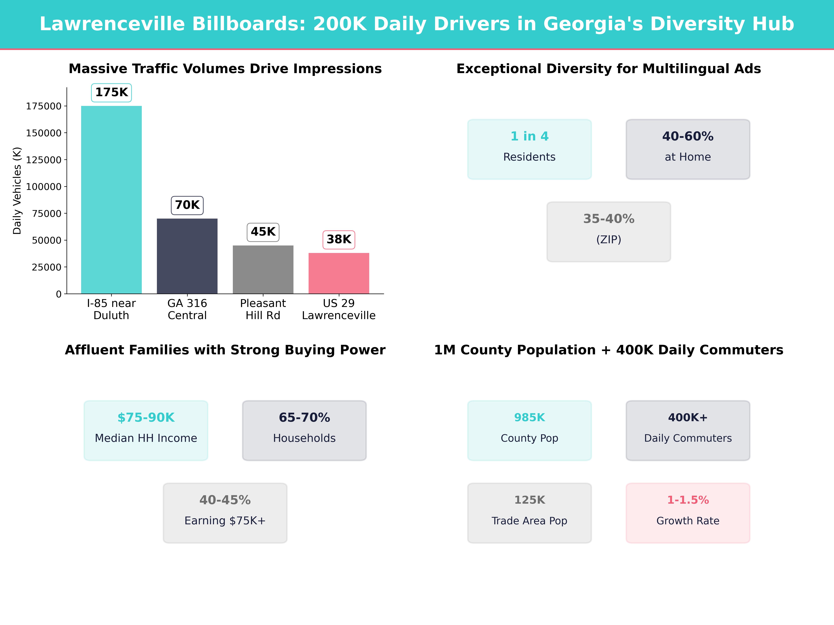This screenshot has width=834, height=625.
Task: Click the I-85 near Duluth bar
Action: click(x=111, y=200)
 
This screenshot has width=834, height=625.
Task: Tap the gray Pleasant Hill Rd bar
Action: click(x=263, y=269)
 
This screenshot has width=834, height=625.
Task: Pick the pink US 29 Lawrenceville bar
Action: click(x=339, y=273)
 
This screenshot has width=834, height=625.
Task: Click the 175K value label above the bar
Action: click(x=111, y=92)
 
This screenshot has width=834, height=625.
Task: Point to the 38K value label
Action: click(x=339, y=240)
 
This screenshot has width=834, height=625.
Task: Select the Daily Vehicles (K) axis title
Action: click(x=17, y=191)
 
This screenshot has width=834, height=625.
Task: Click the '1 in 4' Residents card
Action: click(x=529, y=149)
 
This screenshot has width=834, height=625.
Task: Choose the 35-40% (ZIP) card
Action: click(x=608, y=232)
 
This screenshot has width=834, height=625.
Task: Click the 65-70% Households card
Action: click(x=304, y=430)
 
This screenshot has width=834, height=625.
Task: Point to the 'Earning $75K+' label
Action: click(x=225, y=521)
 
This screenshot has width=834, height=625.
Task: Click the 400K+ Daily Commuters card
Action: click(x=688, y=430)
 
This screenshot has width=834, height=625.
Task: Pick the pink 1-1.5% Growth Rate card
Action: click(x=688, y=513)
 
